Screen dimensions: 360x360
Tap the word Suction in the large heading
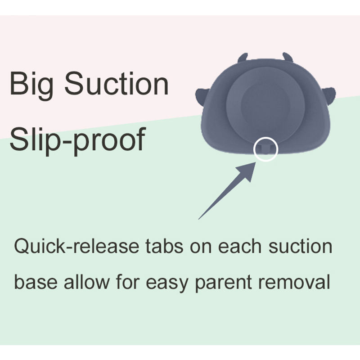pyautogui.click(x=117, y=83)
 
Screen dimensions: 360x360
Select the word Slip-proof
pyautogui.click(x=78, y=140)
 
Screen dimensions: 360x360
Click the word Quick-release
pyautogui.click(x=76, y=246)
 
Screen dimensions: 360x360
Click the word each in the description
pyautogui.click(x=239, y=246)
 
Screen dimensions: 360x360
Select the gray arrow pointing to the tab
pyautogui.click(x=227, y=190)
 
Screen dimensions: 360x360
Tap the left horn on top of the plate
pyautogui.click(x=243, y=58)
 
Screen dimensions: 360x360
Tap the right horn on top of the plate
pyautogui.click(x=288, y=57)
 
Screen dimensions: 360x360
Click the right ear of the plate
pyautogui.click(x=330, y=96)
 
